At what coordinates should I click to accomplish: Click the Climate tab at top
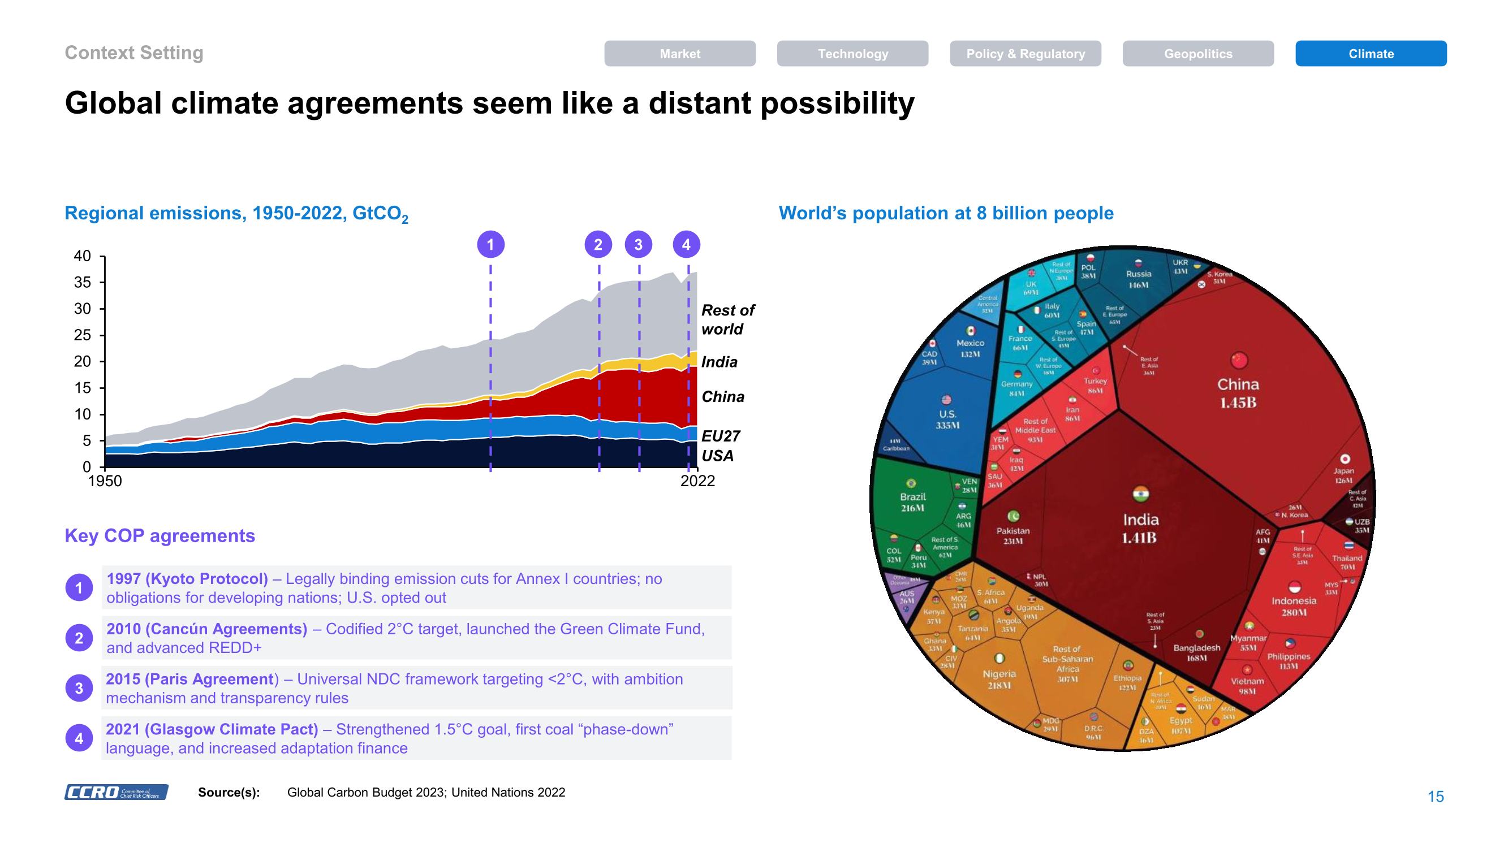(1370, 53)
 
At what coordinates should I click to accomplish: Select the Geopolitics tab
(1197, 53)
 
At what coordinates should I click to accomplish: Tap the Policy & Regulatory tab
(1024, 53)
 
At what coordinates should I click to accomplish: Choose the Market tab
(679, 53)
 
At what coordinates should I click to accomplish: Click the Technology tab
(852, 53)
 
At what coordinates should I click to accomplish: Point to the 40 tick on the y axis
(83, 256)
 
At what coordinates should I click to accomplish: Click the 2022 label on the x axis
(697, 481)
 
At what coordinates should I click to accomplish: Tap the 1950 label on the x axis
(105, 481)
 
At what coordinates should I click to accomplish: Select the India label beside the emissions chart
(719, 362)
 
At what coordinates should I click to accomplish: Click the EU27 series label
(720, 436)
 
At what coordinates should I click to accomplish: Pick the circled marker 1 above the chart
(490, 245)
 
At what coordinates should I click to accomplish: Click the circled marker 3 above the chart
(638, 245)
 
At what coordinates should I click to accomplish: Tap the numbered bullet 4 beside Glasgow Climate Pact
(79, 738)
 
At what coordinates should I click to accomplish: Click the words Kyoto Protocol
(206, 579)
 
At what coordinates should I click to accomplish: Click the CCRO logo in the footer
(116, 792)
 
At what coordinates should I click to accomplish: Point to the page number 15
(1435, 797)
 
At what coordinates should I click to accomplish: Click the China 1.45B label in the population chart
(1238, 393)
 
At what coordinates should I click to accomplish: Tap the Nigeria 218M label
(999, 679)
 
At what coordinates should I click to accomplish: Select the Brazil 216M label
(912, 502)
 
